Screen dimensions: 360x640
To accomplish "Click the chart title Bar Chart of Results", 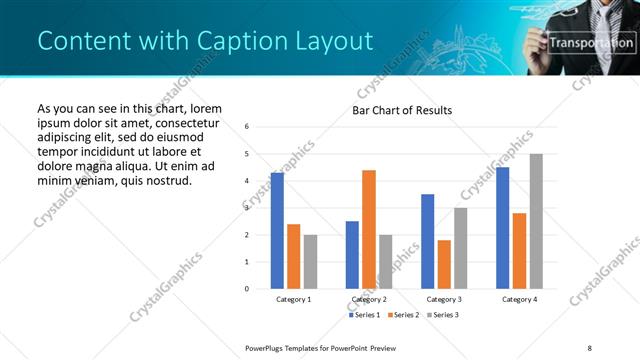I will [x=401, y=110].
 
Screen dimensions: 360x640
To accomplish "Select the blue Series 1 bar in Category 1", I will [x=277, y=230].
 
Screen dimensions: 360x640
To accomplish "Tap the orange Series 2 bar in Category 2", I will [x=369, y=229].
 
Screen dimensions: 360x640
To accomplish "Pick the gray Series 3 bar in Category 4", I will [x=536, y=221].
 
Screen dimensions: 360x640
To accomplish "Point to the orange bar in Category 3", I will [x=444, y=264].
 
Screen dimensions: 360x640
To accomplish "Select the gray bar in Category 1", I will [x=310, y=261].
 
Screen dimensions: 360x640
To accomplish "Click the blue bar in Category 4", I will [x=502, y=227].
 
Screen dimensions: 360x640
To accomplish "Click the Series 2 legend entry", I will [x=403, y=315].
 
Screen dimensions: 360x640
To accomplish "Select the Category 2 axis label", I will [x=369, y=299].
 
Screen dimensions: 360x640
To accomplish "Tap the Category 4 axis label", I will [x=519, y=299].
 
